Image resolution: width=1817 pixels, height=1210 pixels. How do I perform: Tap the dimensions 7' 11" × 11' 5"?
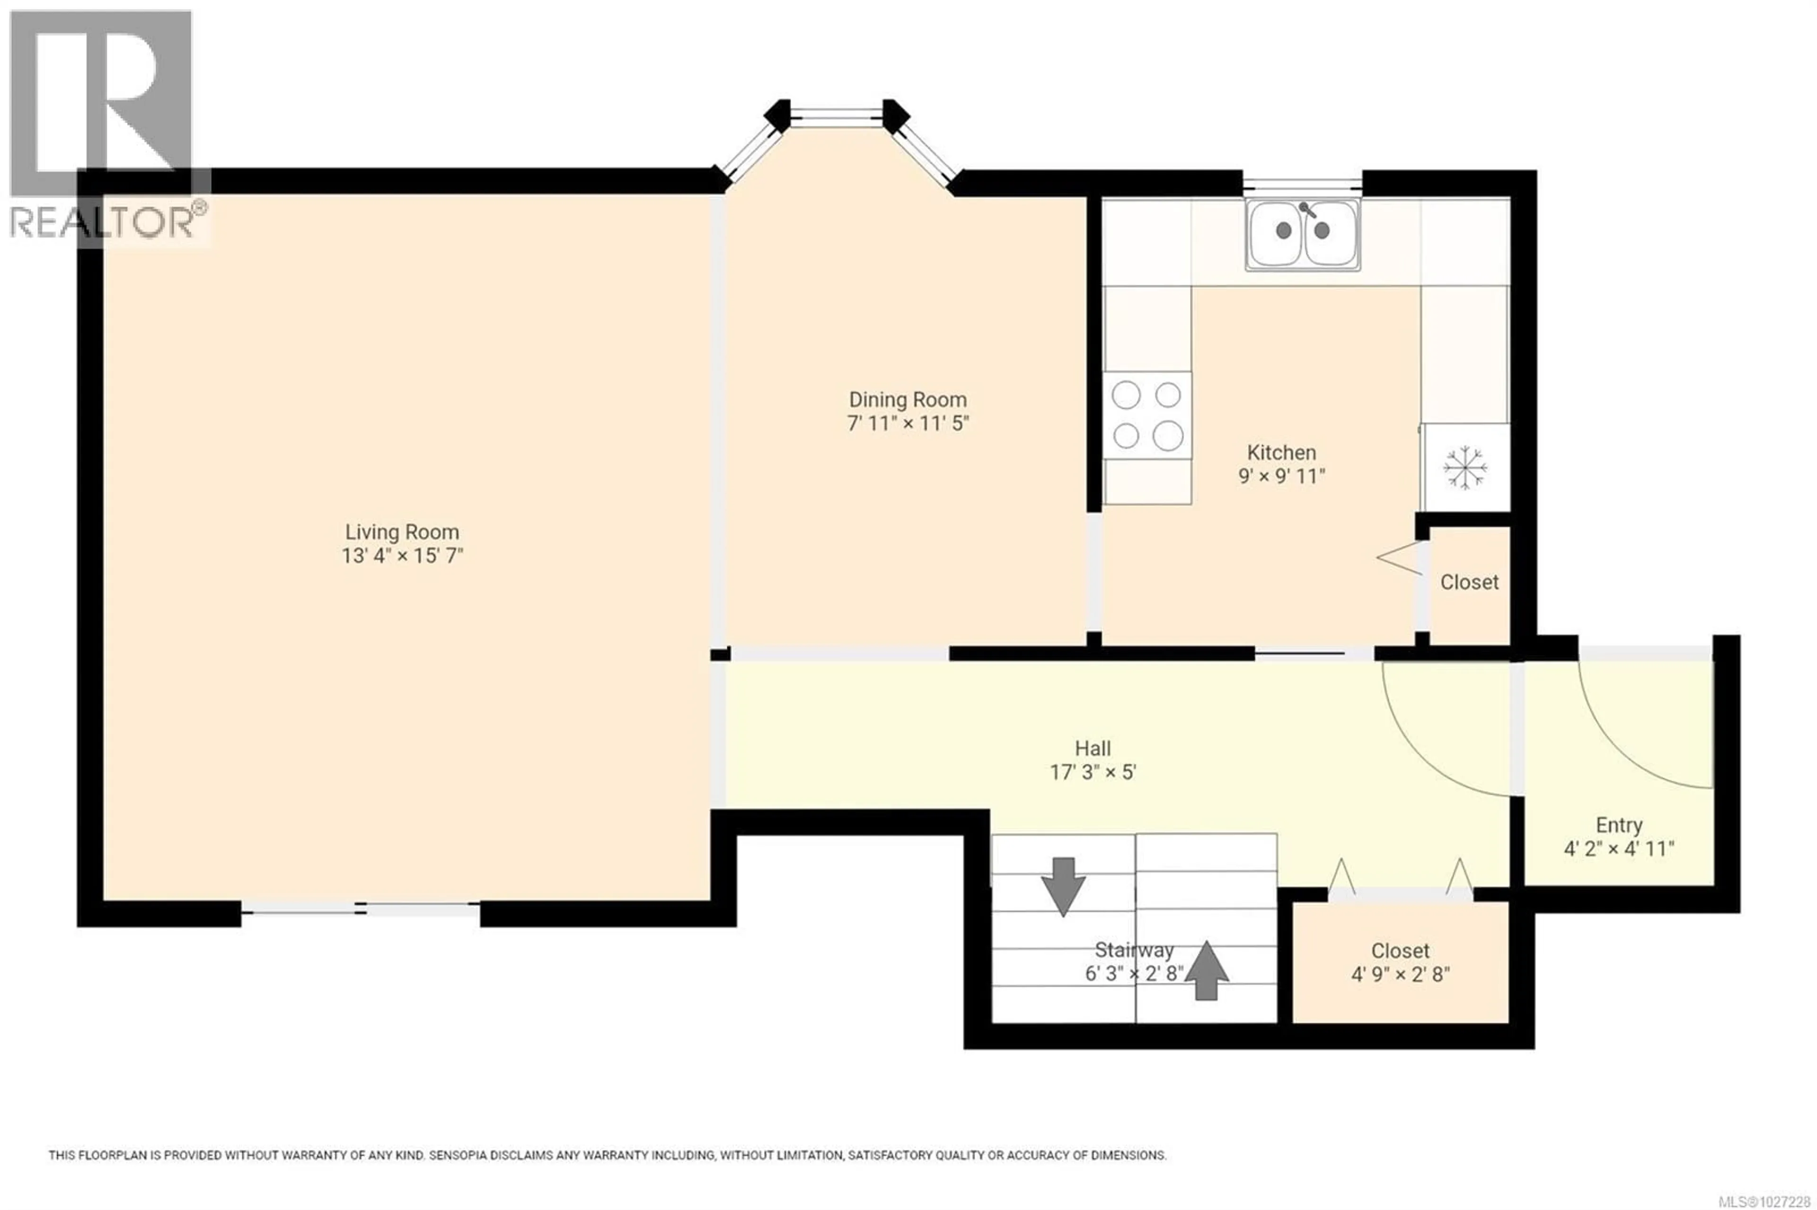coord(907,424)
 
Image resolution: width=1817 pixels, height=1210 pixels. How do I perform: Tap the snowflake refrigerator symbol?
coord(1464,467)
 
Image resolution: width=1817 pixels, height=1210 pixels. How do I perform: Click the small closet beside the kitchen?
coord(1469,583)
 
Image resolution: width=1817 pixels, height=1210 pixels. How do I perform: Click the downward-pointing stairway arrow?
coord(1063,885)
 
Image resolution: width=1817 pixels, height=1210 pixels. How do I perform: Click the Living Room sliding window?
coord(361,911)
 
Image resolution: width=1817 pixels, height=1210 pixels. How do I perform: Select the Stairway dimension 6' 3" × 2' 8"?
coord(1134,974)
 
